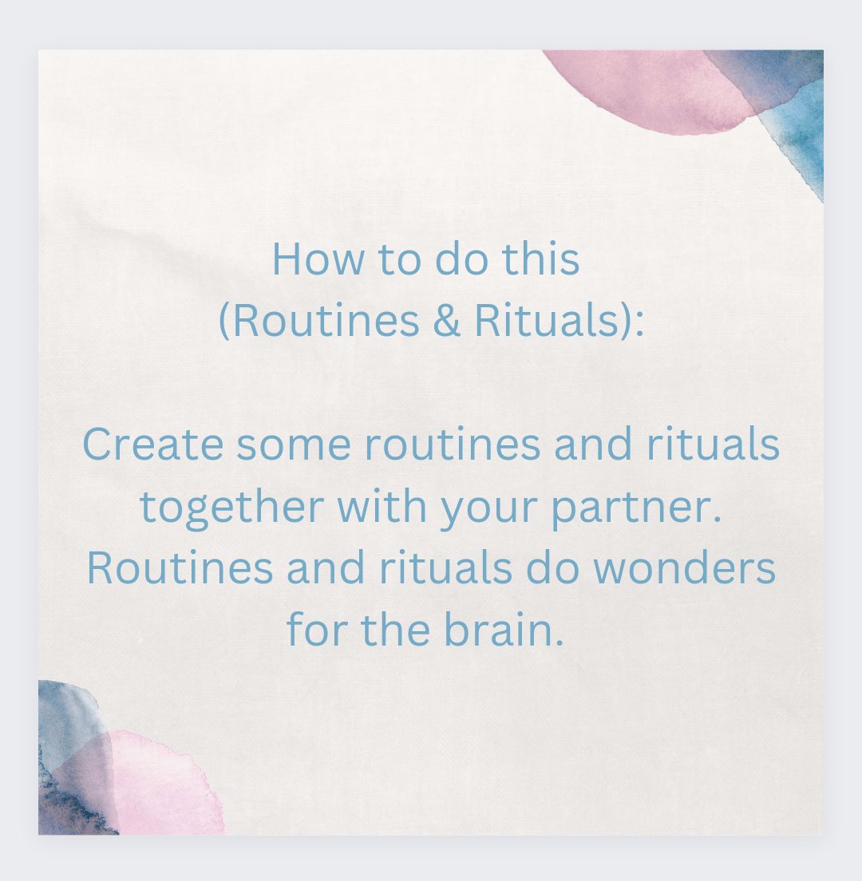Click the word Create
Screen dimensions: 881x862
tap(152, 444)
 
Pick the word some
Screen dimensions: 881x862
tap(293, 444)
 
